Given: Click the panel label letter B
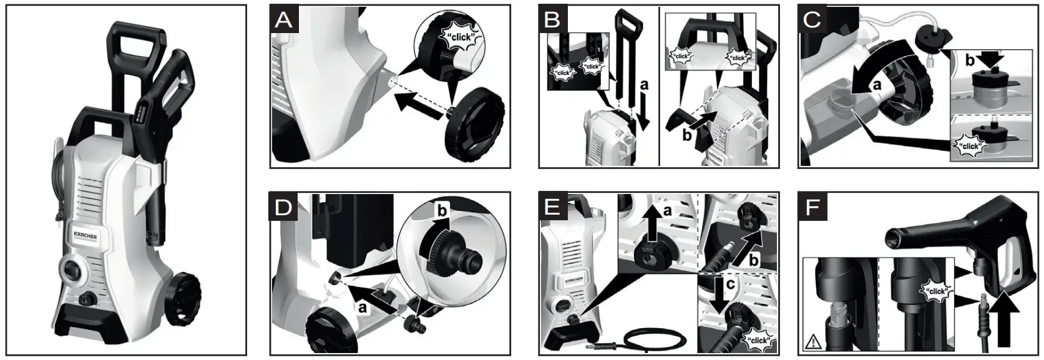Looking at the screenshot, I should [552, 20].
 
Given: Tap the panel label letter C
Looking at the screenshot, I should [812, 20].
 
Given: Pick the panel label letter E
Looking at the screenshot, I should [552, 207].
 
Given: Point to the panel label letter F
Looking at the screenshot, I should [812, 207].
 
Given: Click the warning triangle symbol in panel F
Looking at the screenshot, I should [813, 342].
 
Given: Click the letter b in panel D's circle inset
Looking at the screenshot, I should [442, 212].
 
